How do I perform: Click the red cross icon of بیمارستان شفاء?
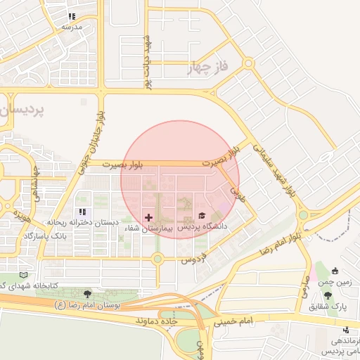148,217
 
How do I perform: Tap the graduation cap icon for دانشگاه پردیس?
202,215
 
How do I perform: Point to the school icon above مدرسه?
72,16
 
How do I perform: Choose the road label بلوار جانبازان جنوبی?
101,133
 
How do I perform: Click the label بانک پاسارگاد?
64,236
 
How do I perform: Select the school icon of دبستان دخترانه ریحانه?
83,212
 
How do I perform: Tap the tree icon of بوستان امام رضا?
88,294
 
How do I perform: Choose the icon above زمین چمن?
334,271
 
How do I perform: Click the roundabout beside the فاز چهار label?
247,64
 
